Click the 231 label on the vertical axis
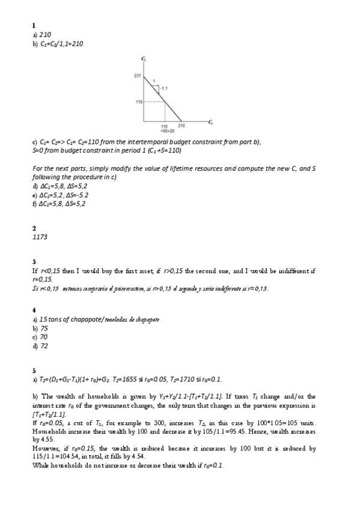(136, 75)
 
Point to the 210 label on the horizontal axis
(182, 125)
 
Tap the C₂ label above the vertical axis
(144, 58)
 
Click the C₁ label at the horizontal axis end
(210, 123)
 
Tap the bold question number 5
(34, 370)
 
